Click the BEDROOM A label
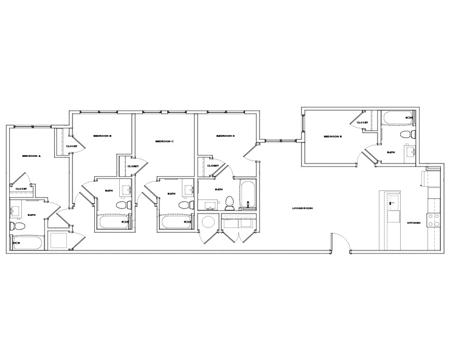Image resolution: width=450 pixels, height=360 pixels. tap(30, 156)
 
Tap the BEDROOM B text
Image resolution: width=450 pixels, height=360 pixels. tap(102, 136)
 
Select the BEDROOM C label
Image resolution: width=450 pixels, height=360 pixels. tap(164, 141)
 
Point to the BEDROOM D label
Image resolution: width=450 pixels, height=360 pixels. tap(225, 136)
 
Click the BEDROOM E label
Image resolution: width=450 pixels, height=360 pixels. tap(333, 137)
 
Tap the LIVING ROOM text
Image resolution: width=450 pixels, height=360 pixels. tap(302, 209)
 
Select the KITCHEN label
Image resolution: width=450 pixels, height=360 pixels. tap(414, 223)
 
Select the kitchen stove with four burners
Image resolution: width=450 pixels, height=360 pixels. tap(434, 220)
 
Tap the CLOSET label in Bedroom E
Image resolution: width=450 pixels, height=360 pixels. tap(362, 123)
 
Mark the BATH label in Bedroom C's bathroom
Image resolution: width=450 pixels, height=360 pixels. tap(171, 193)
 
